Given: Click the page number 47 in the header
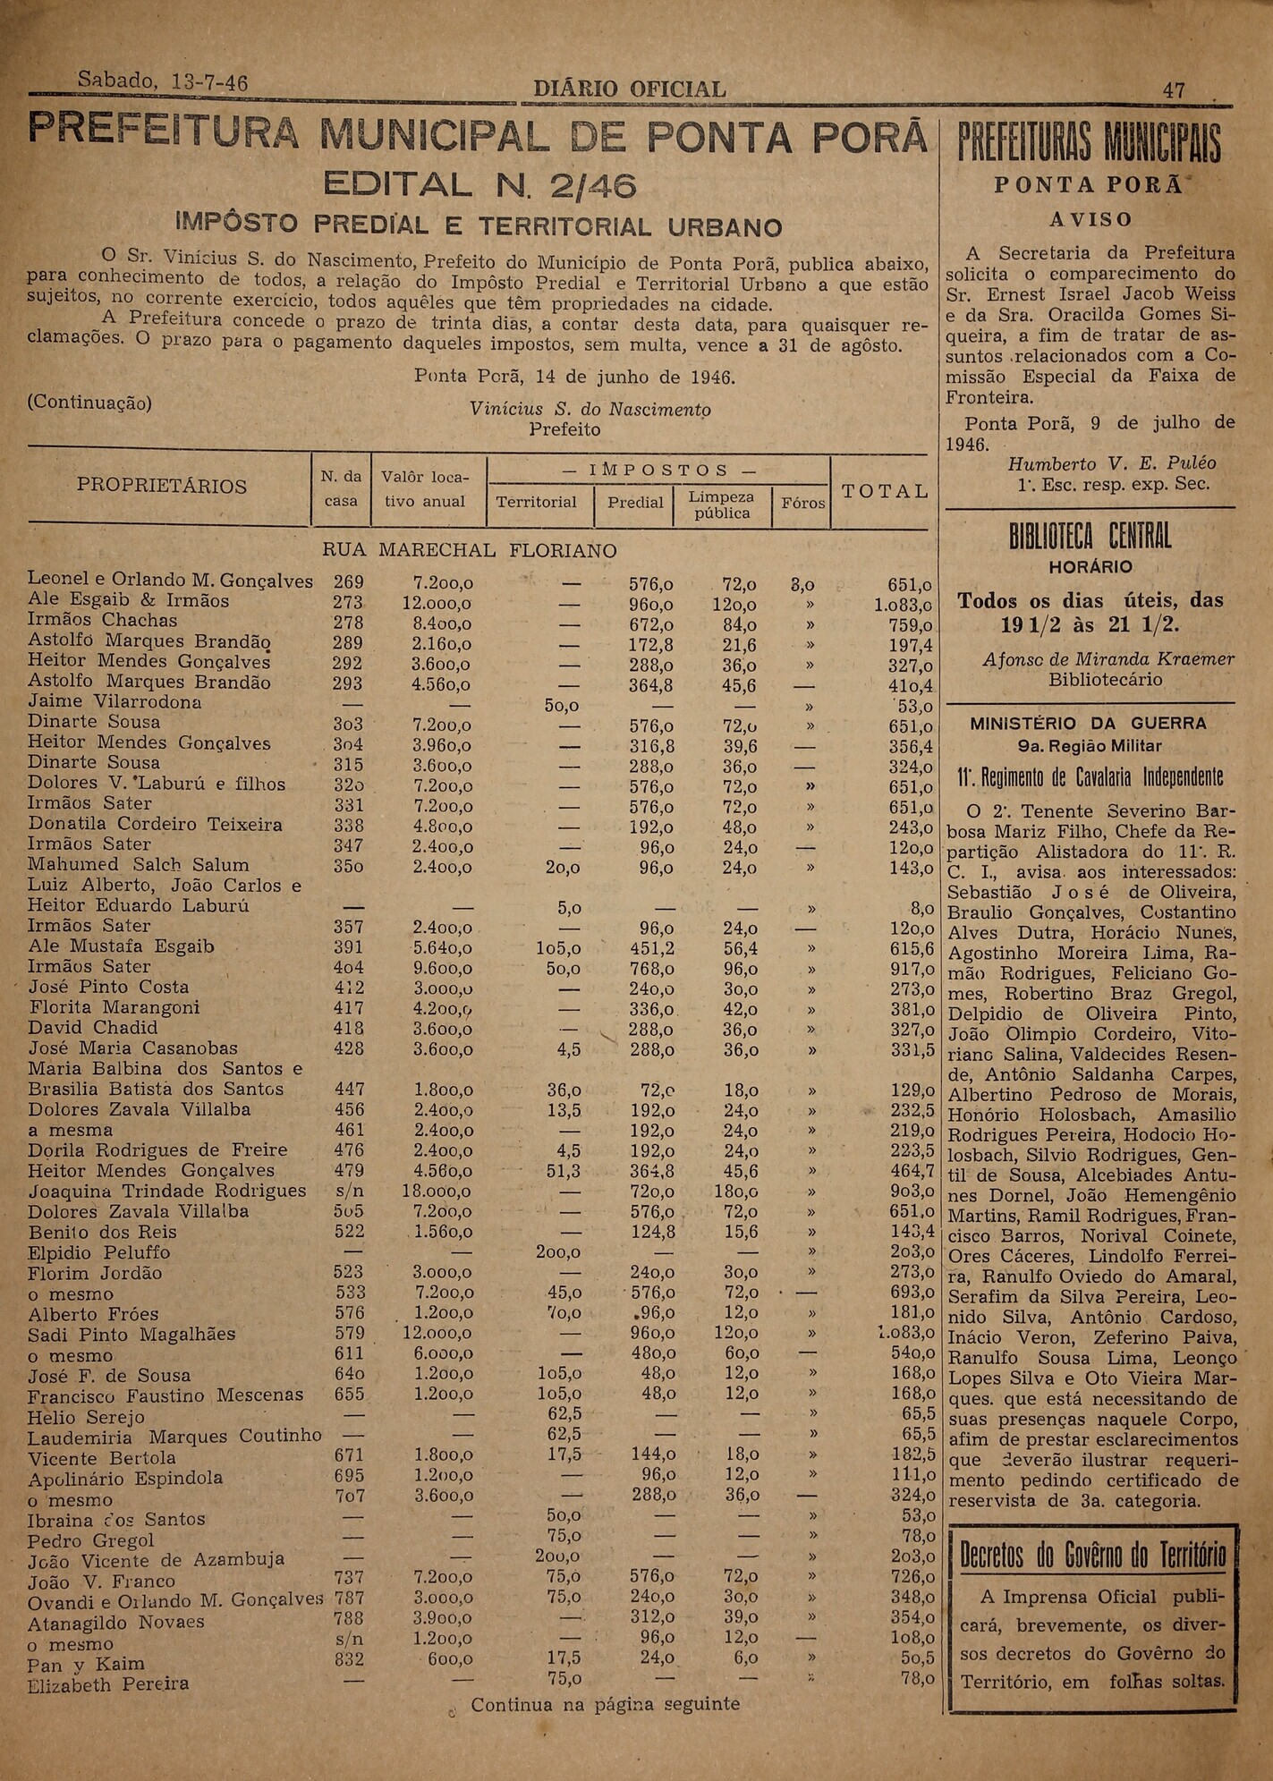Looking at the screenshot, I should (x=1174, y=90).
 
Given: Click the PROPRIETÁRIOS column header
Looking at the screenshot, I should (x=162, y=486).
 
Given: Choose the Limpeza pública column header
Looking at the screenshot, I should (x=721, y=505).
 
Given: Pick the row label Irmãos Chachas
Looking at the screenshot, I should (x=102, y=620).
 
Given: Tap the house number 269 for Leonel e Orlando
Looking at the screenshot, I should (x=348, y=582).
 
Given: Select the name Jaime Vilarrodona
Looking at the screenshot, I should (x=115, y=701).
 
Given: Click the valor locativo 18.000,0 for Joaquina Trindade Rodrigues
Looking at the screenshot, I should (x=437, y=1192).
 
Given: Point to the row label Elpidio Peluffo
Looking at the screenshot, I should (x=98, y=1252).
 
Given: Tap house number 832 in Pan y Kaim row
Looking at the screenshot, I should (x=348, y=1658).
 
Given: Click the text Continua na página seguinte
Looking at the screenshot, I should (x=605, y=1704).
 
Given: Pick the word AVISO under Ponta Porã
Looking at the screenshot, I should (x=1090, y=219).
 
